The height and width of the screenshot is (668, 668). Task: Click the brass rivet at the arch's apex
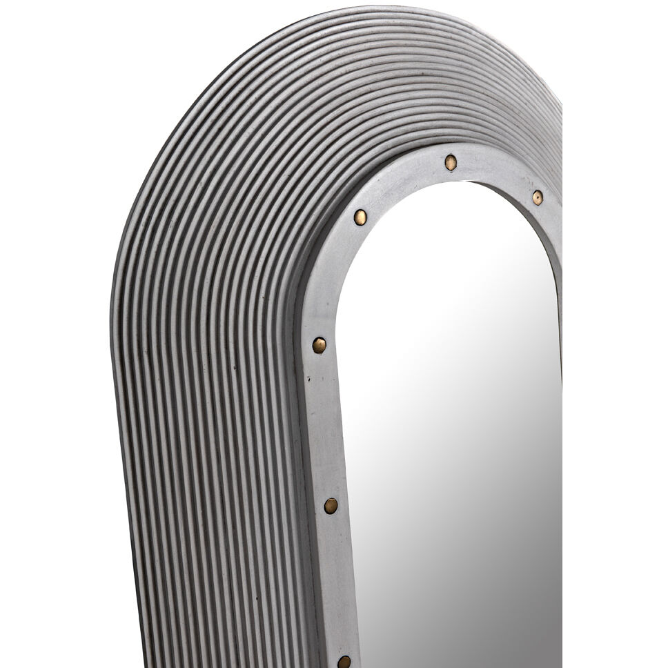coord(451,162)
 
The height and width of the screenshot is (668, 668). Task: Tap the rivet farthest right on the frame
coord(537,197)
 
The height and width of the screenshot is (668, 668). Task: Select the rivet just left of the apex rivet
coord(360,217)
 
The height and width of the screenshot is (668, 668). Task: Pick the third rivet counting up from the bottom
coord(319,345)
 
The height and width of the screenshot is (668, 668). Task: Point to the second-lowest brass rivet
coord(331,506)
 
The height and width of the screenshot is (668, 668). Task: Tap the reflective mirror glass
coord(449,414)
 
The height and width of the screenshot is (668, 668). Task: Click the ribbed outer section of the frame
coord(207,345)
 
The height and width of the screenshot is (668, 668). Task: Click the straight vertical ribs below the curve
coord(207,552)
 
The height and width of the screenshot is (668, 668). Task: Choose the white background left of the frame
coord(55,345)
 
